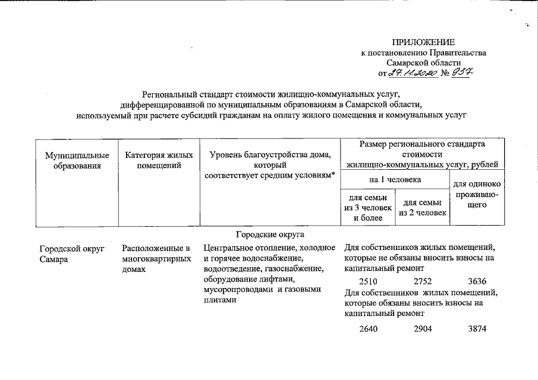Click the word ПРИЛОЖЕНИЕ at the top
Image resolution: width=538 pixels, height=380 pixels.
[423, 42]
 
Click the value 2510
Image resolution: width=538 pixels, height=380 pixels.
[369, 281]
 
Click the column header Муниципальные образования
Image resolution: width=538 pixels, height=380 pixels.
[77, 160]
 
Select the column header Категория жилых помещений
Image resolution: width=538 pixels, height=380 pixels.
[159, 160]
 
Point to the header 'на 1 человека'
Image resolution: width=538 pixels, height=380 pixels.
[395, 179]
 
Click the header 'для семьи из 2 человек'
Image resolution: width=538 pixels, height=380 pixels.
[423, 208]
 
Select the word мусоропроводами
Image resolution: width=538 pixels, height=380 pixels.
[236, 289]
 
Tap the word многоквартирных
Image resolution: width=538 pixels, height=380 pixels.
[156, 259]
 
